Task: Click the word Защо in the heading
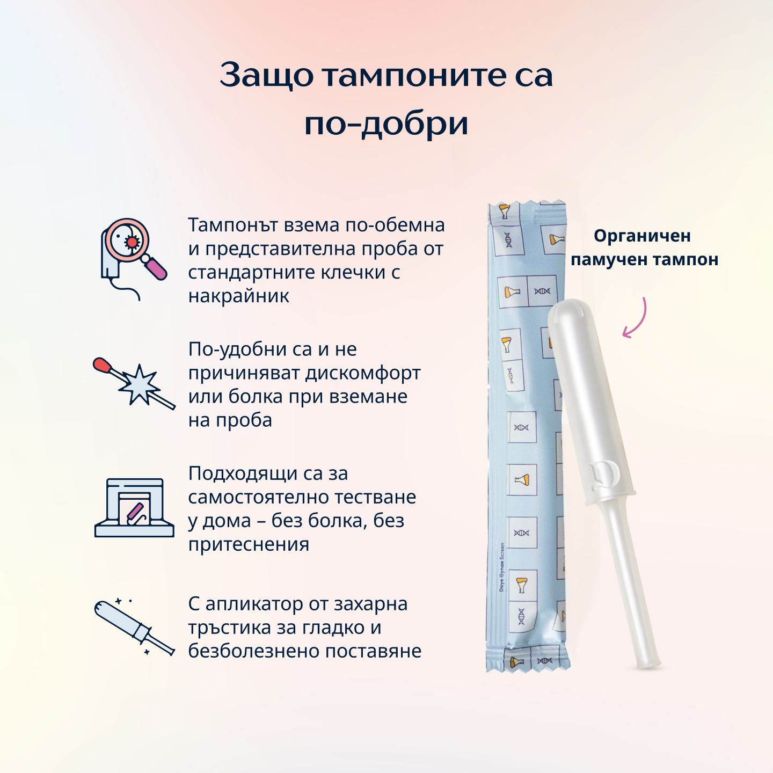(266, 75)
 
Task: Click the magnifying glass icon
(134, 259)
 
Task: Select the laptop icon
(134, 507)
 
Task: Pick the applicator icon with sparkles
(135, 628)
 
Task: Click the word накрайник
(239, 296)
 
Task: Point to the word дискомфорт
(363, 373)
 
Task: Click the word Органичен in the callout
(642, 236)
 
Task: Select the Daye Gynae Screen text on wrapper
(502, 567)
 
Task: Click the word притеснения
(249, 544)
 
